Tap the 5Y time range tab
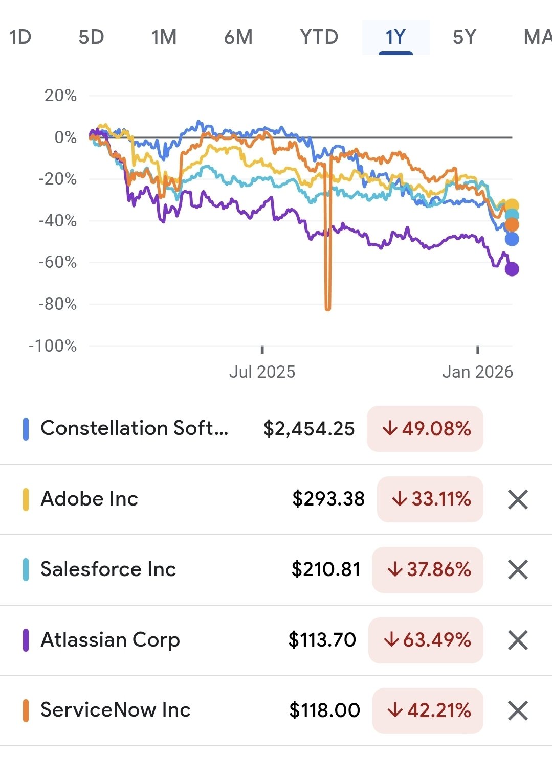[x=464, y=37]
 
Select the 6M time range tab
[x=238, y=37]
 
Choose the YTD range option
[x=319, y=37]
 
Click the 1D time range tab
[x=20, y=37]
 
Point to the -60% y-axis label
[x=58, y=262]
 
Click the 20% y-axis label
[x=60, y=96]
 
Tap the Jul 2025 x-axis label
[x=262, y=372]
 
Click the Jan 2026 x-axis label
[x=477, y=372]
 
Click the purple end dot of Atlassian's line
[x=512, y=269]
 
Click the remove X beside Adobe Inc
[x=518, y=499]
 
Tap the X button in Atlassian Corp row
[x=518, y=640]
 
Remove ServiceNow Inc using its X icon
[x=518, y=710]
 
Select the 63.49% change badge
[x=426, y=640]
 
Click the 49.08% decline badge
[x=425, y=429]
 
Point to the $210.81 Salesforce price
[x=326, y=569]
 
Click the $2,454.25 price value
[x=308, y=429]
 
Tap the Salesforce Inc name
[x=108, y=569]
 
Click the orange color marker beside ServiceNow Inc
[x=26, y=710]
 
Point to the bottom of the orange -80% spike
[x=328, y=308]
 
